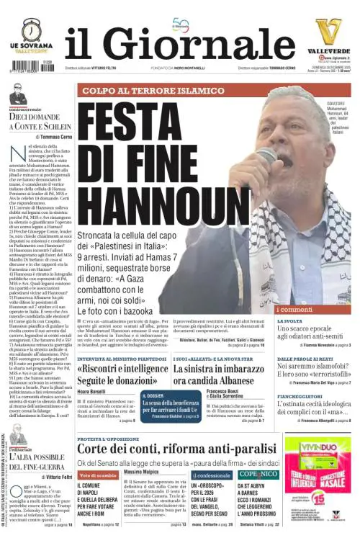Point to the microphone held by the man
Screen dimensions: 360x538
coord(268,156)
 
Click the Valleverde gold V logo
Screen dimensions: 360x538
coord(329,32)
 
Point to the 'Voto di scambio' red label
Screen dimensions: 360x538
coord(98,476)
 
